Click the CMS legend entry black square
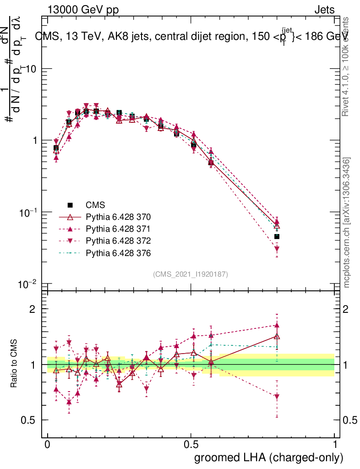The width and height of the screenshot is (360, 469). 70,205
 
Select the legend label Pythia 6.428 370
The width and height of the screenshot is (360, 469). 118,217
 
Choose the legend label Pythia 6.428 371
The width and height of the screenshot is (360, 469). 118,229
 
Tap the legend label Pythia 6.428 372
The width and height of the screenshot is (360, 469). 118,240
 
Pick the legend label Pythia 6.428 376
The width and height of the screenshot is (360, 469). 118,252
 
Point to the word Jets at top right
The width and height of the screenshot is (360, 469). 324,10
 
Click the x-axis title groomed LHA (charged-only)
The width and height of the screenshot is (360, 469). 269,458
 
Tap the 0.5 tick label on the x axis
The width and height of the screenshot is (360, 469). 191,445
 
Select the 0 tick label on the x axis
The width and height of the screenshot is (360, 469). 48,445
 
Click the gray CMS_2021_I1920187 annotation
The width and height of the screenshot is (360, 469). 191,274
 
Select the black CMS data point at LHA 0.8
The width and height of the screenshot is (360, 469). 277,236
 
